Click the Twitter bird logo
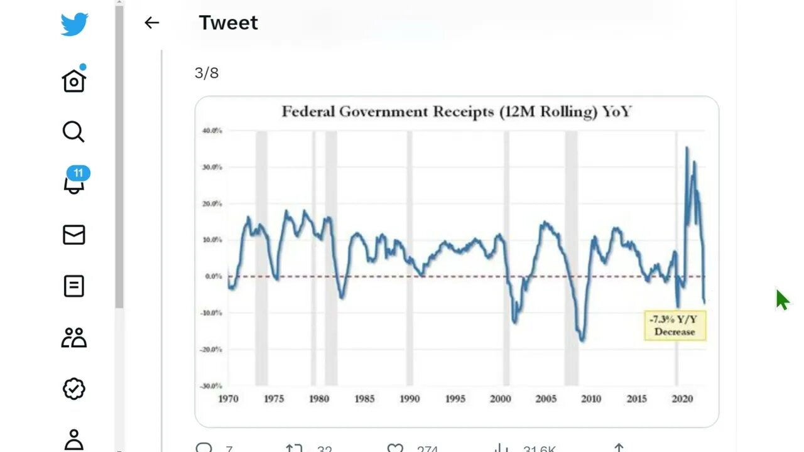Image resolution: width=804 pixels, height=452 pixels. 74,25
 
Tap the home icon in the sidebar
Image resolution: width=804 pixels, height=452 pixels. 73,80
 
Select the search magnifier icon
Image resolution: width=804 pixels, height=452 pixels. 73,132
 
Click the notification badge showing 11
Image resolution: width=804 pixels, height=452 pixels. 78,173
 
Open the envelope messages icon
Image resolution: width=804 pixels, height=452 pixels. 73,235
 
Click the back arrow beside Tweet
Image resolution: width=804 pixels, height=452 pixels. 151,23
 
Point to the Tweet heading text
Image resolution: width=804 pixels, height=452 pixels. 228,23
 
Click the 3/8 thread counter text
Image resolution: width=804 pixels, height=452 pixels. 207,73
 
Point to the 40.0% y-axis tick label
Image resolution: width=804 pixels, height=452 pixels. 212,131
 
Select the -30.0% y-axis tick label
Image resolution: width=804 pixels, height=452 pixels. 211,385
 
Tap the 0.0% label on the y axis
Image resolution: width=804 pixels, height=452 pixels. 213,276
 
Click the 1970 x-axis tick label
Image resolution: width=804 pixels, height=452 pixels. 228,399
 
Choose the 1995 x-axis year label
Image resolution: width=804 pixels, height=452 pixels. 455,399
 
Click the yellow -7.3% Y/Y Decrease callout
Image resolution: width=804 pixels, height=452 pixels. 675,325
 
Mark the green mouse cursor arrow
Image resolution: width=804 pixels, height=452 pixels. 781,299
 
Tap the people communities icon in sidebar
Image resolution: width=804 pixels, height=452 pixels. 73,338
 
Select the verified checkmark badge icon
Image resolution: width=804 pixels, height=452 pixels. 73,389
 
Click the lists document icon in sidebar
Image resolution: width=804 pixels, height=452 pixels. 73,286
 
